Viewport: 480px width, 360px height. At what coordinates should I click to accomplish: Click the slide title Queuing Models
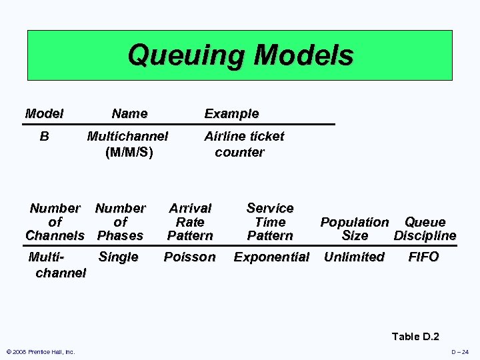[240, 55]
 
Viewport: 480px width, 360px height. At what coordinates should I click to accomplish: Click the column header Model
[44, 114]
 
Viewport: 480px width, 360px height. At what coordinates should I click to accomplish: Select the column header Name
[129, 114]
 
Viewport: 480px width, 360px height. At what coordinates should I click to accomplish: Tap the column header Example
[231, 114]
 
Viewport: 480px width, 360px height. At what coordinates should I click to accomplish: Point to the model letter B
[44, 137]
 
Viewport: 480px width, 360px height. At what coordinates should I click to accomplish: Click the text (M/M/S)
[129, 153]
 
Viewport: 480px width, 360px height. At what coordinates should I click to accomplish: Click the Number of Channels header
[55, 222]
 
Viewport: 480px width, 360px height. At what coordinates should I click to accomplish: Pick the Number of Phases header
[120, 222]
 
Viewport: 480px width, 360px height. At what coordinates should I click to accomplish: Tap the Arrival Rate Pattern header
[190, 222]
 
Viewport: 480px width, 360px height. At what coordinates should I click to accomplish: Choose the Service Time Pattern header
[270, 222]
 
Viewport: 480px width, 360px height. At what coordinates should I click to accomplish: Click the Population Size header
[354, 229]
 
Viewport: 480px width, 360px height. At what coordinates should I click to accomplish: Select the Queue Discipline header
[425, 229]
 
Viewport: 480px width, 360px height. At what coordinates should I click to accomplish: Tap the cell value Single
[118, 257]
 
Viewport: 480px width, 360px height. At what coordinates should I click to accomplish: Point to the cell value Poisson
[190, 257]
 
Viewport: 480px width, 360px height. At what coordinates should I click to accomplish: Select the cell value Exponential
[271, 257]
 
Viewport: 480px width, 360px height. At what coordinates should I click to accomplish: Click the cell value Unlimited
[354, 257]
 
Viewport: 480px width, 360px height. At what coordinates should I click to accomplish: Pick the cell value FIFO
[423, 257]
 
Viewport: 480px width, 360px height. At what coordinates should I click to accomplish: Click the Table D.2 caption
[415, 337]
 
